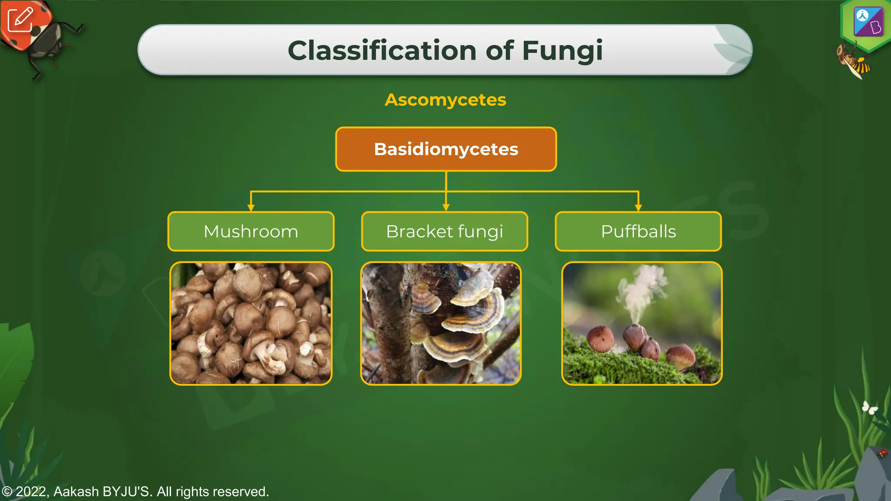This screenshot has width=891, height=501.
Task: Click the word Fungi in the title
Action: click(x=562, y=50)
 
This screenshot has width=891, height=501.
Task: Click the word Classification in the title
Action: click(x=382, y=50)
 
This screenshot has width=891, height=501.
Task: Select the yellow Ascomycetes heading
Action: click(x=445, y=100)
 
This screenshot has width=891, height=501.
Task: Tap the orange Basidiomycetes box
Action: click(x=446, y=149)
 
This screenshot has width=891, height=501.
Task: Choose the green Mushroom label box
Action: click(x=251, y=231)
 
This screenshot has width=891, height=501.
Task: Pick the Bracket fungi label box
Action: click(x=445, y=231)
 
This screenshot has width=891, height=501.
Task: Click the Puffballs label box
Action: click(x=638, y=231)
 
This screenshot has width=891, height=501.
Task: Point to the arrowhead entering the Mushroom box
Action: click(x=251, y=207)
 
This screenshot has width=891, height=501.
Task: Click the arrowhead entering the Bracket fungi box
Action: click(x=446, y=207)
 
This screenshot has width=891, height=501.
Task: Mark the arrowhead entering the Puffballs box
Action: click(x=638, y=207)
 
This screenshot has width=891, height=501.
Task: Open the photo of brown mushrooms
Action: click(x=251, y=324)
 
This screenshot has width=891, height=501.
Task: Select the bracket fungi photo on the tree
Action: click(x=441, y=324)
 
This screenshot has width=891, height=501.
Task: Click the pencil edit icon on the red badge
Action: click(x=20, y=19)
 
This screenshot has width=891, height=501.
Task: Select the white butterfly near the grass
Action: click(x=870, y=407)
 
